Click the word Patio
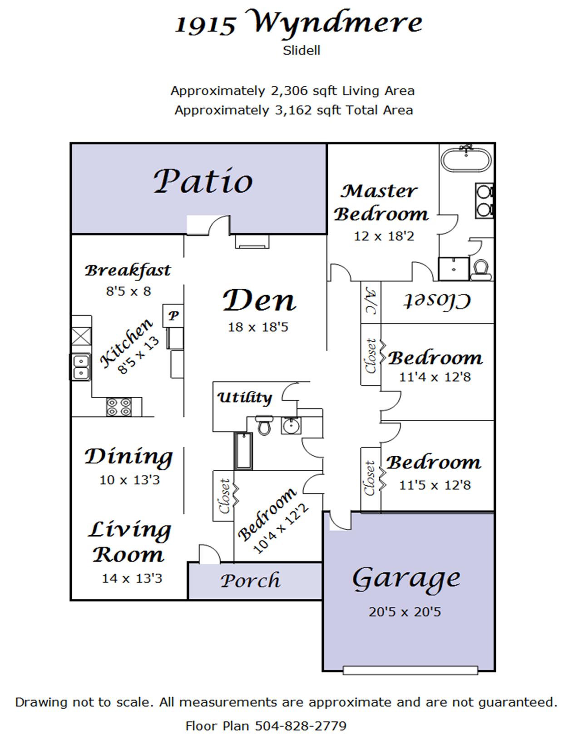tap(203, 181)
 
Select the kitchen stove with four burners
tap(118, 407)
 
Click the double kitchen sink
tap(81, 367)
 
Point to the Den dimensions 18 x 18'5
tap(257, 327)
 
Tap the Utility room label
tap(244, 397)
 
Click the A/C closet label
tap(371, 302)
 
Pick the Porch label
tap(250, 581)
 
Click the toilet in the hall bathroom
tap(264, 425)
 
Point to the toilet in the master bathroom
tap(481, 270)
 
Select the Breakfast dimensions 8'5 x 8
tap(129, 291)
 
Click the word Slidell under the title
tap(302, 51)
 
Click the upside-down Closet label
tap(437, 301)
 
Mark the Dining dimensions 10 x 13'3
tap(130, 480)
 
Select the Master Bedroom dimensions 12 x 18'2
tap(384, 236)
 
